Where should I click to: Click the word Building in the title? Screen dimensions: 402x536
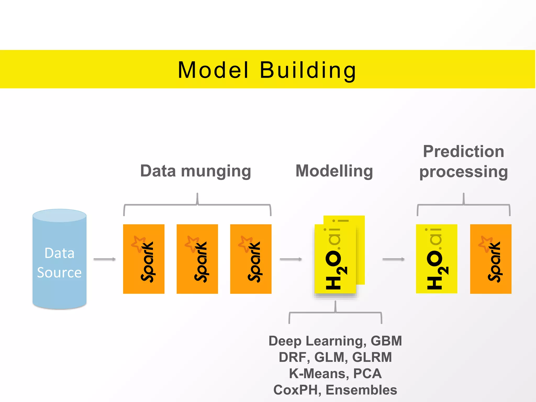(308, 70)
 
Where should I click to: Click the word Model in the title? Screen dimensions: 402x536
(213, 70)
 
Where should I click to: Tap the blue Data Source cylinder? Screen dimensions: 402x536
(59, 259)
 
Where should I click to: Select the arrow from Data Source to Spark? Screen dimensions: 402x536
(104, 259)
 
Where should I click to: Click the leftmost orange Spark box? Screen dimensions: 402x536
(144, 259)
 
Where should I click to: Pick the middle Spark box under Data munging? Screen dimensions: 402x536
(197, 259)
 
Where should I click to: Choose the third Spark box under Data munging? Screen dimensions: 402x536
(250, 259)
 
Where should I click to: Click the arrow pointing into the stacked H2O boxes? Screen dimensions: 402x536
(291, 259)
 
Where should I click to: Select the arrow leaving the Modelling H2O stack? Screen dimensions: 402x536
(393, 259)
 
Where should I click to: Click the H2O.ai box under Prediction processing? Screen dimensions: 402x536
(436, 259)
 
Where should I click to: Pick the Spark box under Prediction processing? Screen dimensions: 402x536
(490, 259)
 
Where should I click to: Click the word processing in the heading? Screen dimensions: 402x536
(463, 172)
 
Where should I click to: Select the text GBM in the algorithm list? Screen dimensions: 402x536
(386, 341)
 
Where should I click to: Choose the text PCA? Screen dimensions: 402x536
(367, 373)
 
